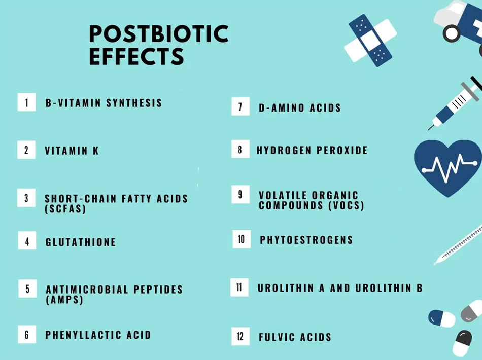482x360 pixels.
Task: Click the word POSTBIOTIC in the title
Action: [158, 34]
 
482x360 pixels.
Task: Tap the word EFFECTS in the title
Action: [136, 56]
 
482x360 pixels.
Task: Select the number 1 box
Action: [27, 102]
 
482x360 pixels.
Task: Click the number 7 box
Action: [240, 107]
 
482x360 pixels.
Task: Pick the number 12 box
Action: [240, 336]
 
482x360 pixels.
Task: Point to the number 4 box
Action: [27, 241]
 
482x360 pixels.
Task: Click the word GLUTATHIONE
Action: [81, 242]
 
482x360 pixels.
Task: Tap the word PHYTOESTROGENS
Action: [306, 240]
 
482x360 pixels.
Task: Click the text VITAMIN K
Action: [72, 151]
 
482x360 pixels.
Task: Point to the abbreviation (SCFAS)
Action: [65, 209]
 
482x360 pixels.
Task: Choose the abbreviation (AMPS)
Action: [64, 300]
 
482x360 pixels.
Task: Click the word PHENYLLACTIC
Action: [83, 335]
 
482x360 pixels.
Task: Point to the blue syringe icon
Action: [455, 104]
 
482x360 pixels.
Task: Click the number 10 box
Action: [242, 239]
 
